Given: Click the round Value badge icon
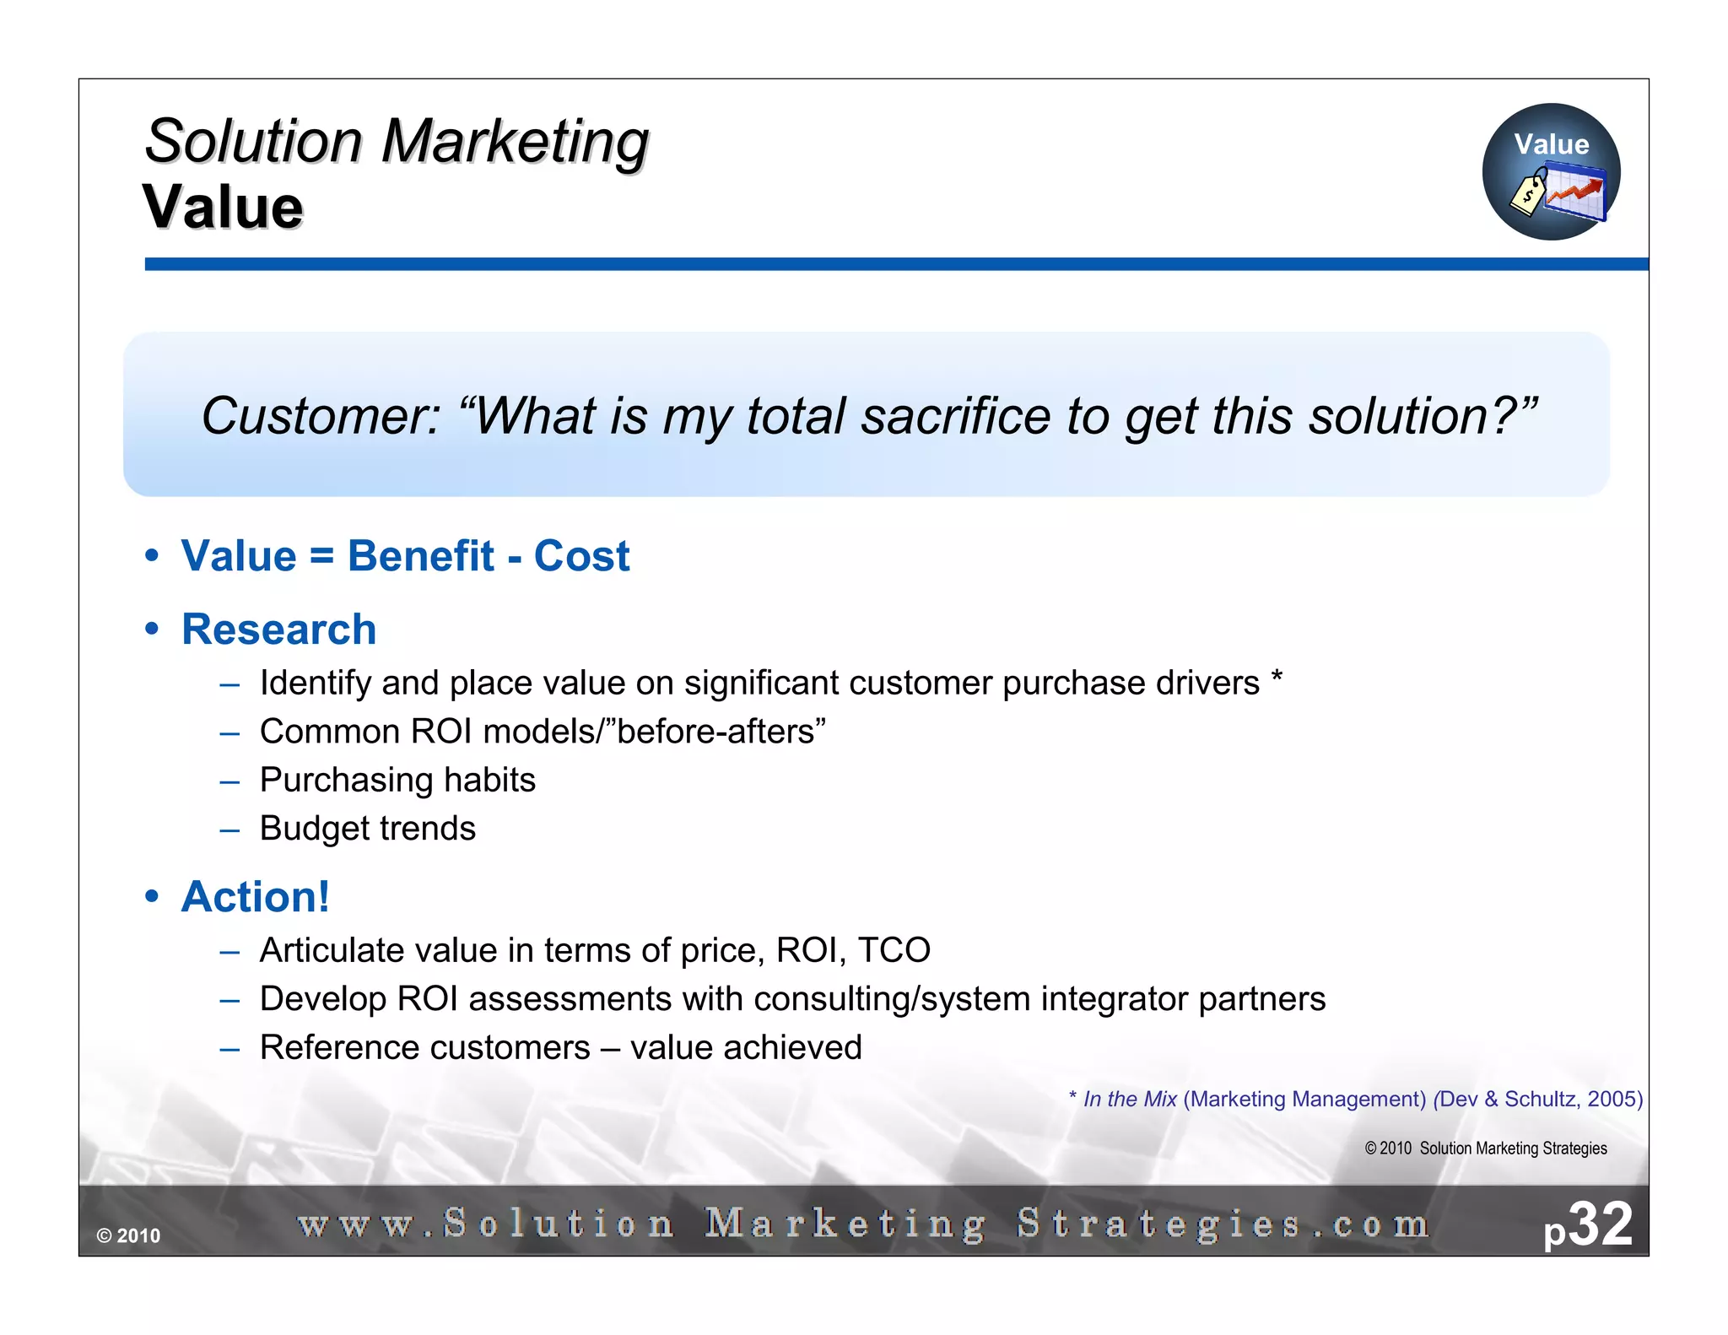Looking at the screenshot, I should click(1551, 171).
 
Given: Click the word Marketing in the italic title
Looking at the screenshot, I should click(515, 142).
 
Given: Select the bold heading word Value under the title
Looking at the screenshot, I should click(223, 208).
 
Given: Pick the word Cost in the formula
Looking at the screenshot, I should click(581, 556).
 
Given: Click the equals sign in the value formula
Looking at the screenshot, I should click(321, 557).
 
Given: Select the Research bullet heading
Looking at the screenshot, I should click(278, 630).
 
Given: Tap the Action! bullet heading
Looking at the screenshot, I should click(255, 896).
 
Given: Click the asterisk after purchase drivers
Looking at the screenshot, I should click(1277, 677).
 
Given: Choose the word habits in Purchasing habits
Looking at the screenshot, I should click(489, 781).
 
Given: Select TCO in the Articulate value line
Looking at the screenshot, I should click(894, 951).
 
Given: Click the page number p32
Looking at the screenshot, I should click(1588, 1225).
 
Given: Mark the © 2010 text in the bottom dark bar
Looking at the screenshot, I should click(128, 1236).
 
